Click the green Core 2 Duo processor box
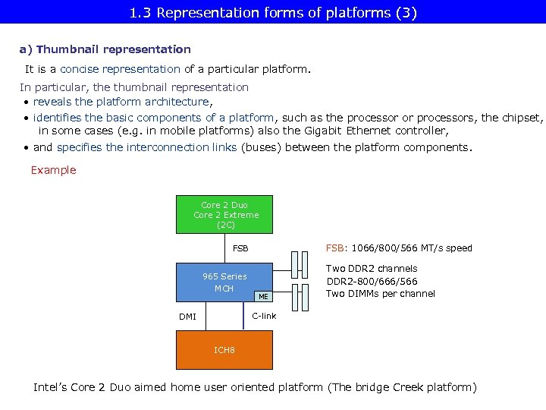225,215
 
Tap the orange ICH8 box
224,350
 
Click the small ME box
263,296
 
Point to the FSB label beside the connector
240,248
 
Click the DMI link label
187,317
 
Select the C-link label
264,315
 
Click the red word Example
53,170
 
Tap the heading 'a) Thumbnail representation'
105,49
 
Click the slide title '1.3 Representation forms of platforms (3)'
273,13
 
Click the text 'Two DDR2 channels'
372,268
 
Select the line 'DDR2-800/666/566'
372,281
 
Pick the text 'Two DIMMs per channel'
381,294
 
